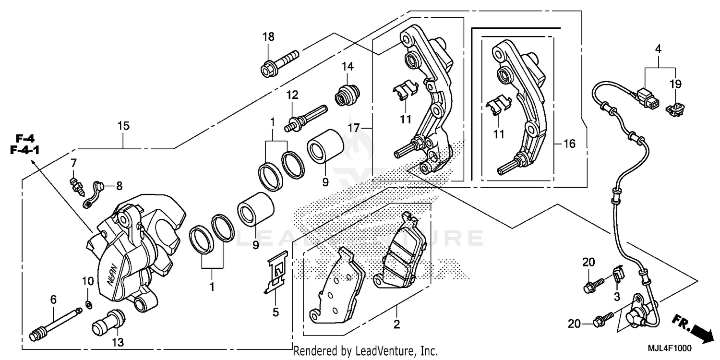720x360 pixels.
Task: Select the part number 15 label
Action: [x=123, y=126]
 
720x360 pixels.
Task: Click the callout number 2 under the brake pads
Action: [x=396, y=325]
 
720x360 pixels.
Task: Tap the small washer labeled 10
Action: [x=88, y=304]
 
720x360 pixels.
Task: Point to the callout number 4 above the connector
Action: [x=658, y=49]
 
